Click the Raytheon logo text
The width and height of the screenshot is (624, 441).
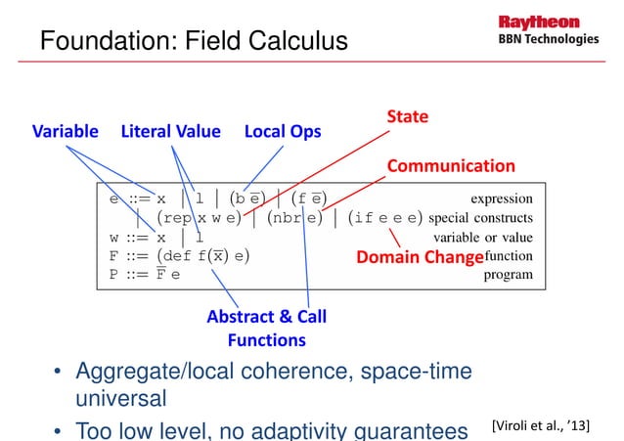coord(541,22)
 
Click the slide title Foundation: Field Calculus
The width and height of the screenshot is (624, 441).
coord(193,43)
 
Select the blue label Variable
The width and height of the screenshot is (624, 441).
coord(68,131)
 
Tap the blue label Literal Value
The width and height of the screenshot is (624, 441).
coord(170,131)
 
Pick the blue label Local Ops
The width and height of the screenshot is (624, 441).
coord(283,131)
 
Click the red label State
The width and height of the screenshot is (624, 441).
coord(408,117)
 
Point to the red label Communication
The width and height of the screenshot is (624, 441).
coord(451,165)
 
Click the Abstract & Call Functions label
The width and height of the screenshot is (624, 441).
coord(267,329)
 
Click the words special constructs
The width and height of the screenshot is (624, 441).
coord(479,217)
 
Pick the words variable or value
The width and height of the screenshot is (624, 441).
coord(482,237)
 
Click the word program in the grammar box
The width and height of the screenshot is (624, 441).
coord(509,275)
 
